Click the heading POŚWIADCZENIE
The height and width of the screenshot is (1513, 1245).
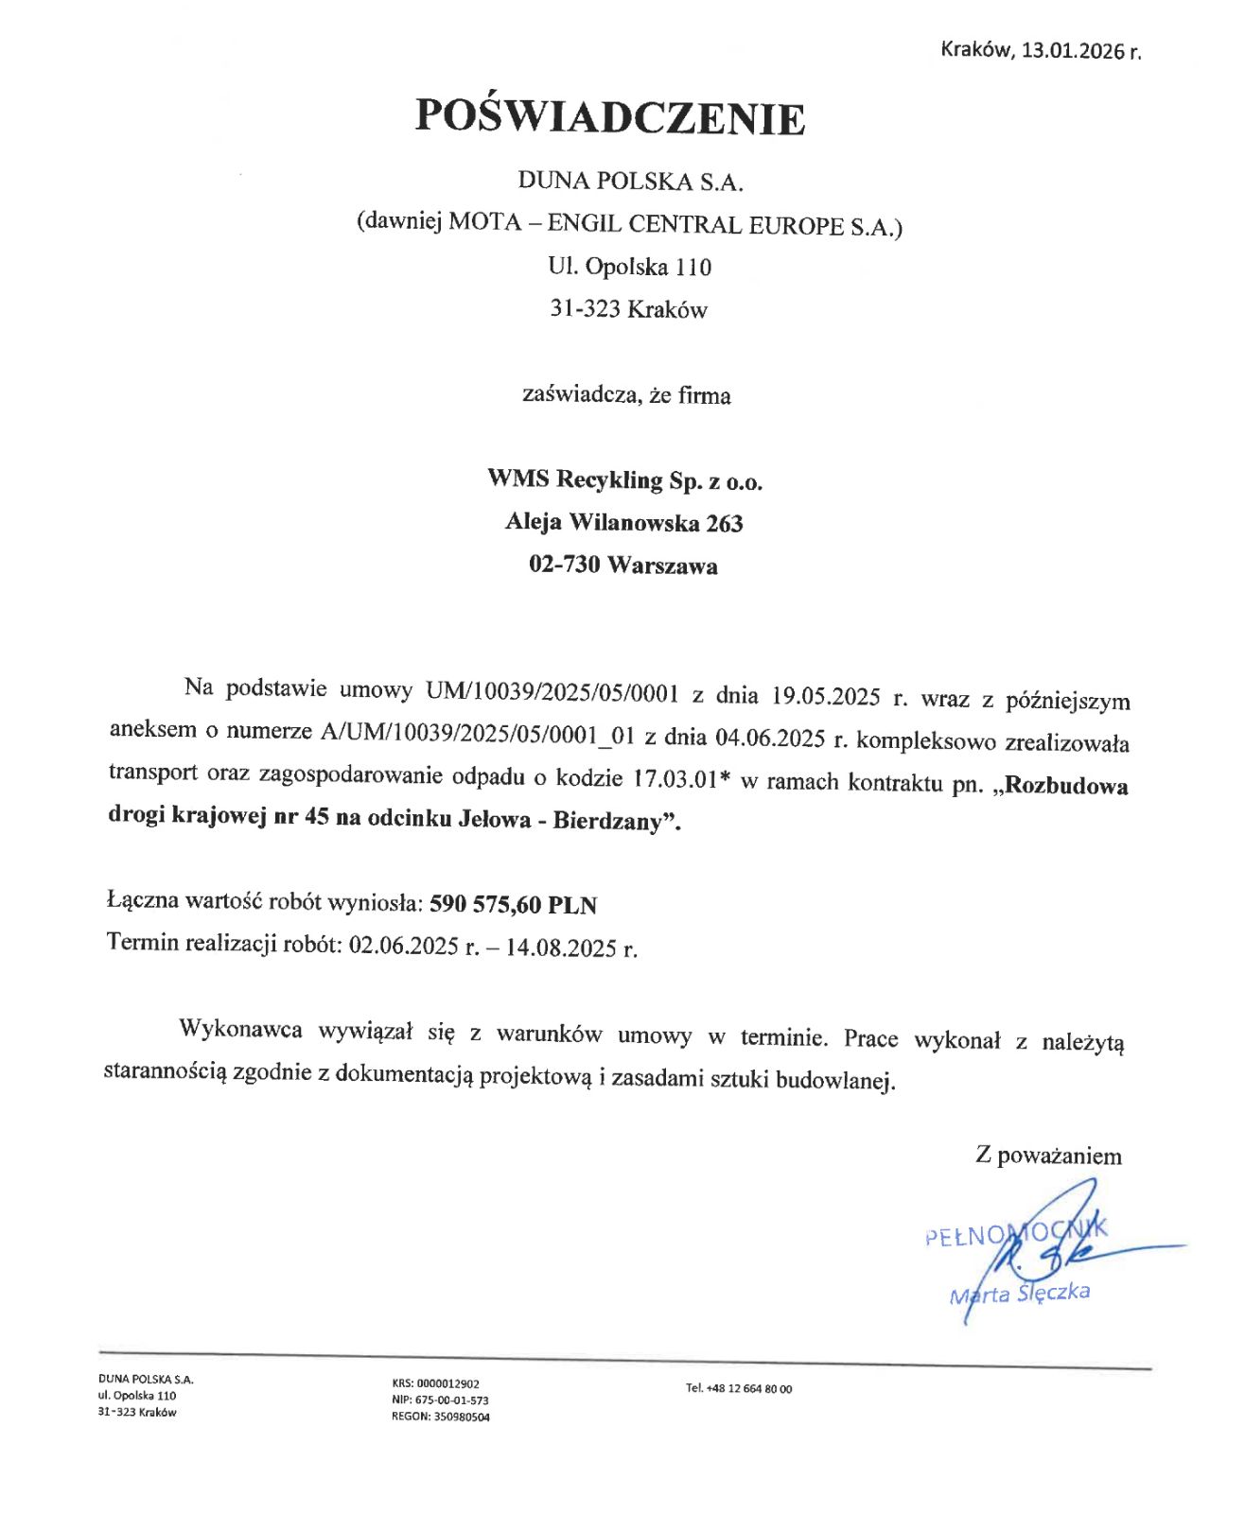pyautogui.click(x=610, y=118)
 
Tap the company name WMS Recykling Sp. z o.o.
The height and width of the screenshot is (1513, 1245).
pyautogui.click(x=624, y=480)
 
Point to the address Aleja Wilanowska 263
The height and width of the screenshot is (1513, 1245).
pyautogui.click(x=623, y=523)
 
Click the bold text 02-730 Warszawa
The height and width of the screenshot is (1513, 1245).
pyautogui.click(x=622, y=565)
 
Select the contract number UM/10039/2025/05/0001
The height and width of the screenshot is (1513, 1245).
pyautogui.click(x=552, y=692)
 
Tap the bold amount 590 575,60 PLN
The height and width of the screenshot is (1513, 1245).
pyautogui.click(x=513, y=905)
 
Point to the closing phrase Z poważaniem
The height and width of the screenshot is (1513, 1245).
pyautogui.click(x=1048, y=1156)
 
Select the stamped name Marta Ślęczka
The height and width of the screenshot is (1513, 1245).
pyautogui.click(x=1020, y=1293)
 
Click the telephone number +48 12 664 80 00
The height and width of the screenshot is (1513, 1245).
pyautogui.click(x=748, y=1388)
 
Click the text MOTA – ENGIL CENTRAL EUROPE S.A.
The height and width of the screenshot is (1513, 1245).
pyautogui.click(x=671, y=225)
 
